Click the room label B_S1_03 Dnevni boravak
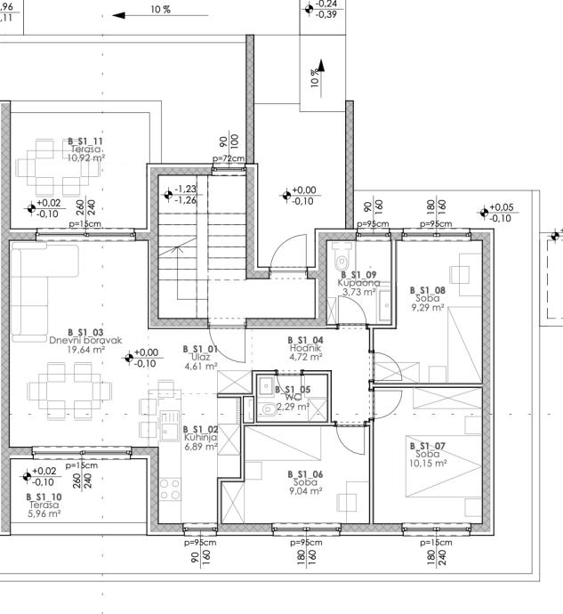point(85,341)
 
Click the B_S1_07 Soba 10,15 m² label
point(427,454)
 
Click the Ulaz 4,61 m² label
point(200,357)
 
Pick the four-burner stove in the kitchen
point(169,489)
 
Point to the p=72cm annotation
point(229,158)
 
